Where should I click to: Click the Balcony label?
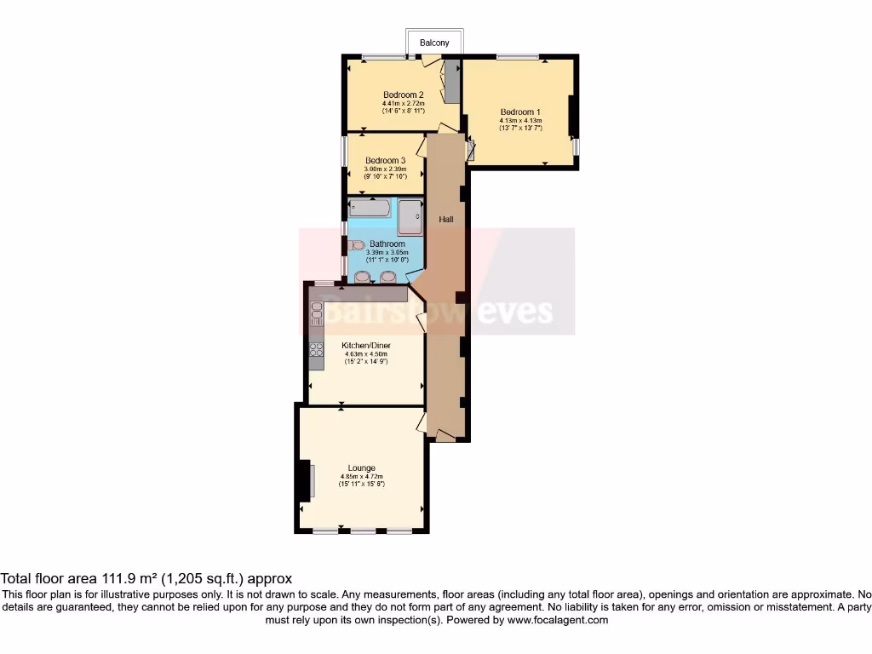(434, 43)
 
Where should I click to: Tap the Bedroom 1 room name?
(519, 112)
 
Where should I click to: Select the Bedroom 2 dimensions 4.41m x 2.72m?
(403, 104)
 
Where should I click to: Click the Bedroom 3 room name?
(385, 160)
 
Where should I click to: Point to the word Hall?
(445, 220)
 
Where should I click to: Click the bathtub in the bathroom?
(370, 208)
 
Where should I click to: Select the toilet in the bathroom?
(356, 244)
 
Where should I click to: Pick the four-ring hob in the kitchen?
(316, 347)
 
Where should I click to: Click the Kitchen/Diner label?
(366, 345)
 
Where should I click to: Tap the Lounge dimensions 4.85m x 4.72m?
(362, 476)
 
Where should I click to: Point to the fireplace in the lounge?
(305, 482)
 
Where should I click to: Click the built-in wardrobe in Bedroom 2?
(452, 82)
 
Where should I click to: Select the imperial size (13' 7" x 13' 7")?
(520, 129)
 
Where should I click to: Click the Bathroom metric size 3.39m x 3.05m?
(387, 252)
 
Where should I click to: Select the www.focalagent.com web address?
(559, 621)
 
